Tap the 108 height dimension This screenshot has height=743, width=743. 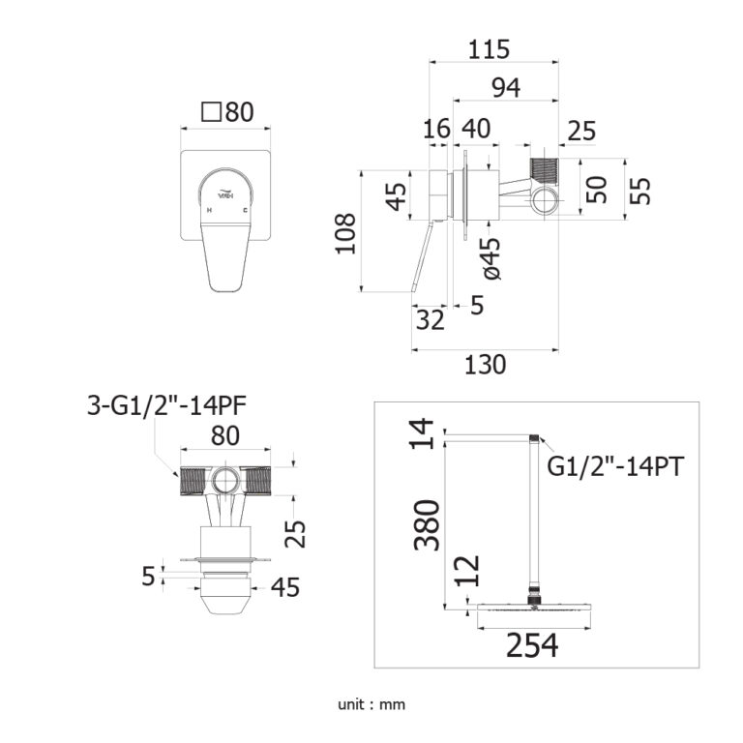[x=346, y=232]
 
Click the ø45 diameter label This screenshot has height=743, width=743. [x=490, y=258]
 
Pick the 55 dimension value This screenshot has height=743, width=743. [x=640, y=190]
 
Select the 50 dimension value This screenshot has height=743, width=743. [x=599, y=190]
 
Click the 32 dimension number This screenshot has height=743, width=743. [x=430, y=319]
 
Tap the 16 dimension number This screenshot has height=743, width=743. [x=437, y=130]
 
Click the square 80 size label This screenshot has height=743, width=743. [x=227, y=112]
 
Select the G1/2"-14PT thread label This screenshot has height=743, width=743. [x=615, y=466]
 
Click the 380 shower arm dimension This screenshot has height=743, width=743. [x=427, y=524]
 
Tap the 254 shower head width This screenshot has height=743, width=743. [x=532, y=645]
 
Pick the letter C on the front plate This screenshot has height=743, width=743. [x=246, y=209]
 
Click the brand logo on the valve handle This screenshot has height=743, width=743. [x=226, y=193]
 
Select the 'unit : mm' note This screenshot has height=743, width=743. [x=371, y=704]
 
